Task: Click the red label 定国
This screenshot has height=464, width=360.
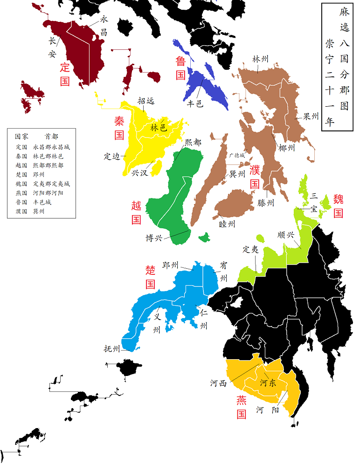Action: click(x=65, y=74)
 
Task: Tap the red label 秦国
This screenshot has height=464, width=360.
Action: click(x=119, y=128)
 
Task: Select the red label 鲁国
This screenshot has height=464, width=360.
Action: click(x=180, y=67)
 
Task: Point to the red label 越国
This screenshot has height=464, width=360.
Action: click(x=136, y=212)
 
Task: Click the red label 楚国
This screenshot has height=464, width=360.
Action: click(x=150, y=277)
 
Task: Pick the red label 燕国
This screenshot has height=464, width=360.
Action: click(x=241, y=407)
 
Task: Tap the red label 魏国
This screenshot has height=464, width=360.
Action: click(x=339, y=206)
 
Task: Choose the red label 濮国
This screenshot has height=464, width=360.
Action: click(x=255, y=177)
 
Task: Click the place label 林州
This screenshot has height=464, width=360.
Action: click(x=260, y=59)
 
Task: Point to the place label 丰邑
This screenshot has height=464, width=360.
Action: click(x=194, y=103)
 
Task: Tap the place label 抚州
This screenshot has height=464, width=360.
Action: click(x=112, y=349)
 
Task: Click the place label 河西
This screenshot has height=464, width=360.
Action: click(x=218, y=383)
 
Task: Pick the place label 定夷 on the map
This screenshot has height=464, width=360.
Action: click(x=250, y=249)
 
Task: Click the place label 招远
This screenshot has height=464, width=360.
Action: click(x=146, y=101)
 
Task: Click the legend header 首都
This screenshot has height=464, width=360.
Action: click(x=51, y=136)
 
